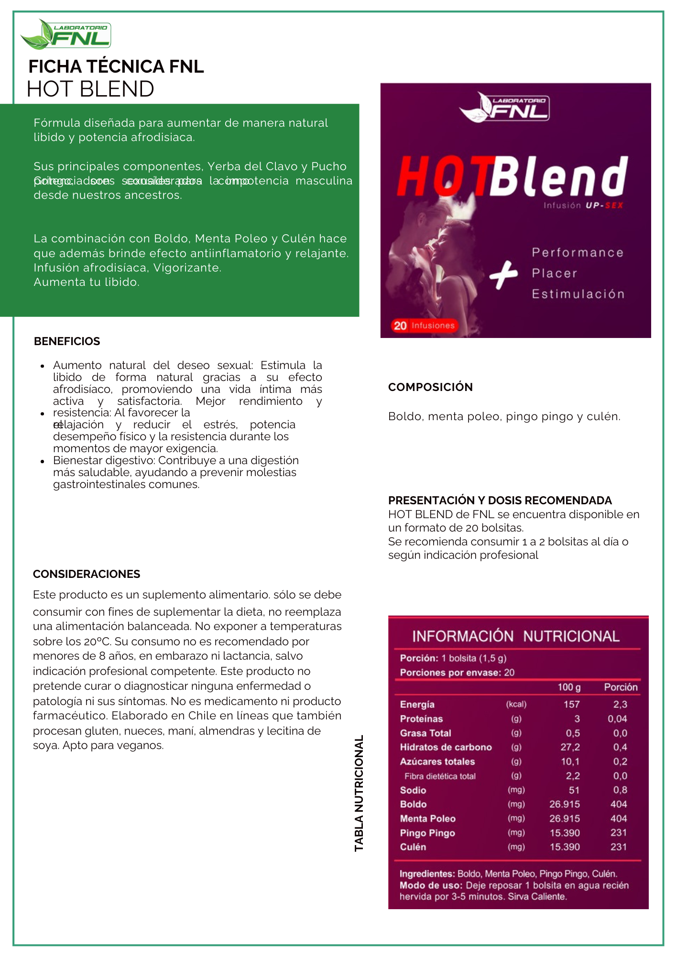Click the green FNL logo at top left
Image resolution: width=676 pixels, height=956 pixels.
[x=66, y=34]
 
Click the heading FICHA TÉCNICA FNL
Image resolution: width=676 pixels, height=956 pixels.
[x=116, y=66]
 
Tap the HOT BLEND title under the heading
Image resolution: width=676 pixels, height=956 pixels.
[x=90, y=89]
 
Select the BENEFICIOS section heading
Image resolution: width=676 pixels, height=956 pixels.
[x=67, y=341]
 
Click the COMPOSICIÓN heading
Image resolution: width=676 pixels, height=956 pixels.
[x=430, y=387]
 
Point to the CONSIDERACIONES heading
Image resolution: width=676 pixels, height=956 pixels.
[x=87, y=574]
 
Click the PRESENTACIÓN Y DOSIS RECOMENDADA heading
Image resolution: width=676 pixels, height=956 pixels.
[x=500, y=500]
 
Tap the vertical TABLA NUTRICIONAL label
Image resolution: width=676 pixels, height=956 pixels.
[x=359, y=793]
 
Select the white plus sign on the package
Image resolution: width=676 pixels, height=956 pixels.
[x=503, y=275]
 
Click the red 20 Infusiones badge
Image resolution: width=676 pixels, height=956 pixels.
[x=424, y=326]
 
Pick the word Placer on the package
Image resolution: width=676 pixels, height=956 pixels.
[x=555, y=273]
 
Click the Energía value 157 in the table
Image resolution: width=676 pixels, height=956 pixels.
[x=571, y=705]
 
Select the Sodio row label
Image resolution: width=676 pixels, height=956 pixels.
[x=413, y=790]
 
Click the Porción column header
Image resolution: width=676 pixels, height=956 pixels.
[x=621, y=687]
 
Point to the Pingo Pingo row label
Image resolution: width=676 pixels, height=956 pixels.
[x=427, y=833]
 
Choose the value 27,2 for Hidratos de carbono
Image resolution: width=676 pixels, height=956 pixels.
[x=570, y=747]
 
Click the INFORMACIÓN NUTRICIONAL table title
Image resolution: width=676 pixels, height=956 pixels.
[x=516, y=636]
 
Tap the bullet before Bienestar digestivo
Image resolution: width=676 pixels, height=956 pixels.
[x=43, y=461]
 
